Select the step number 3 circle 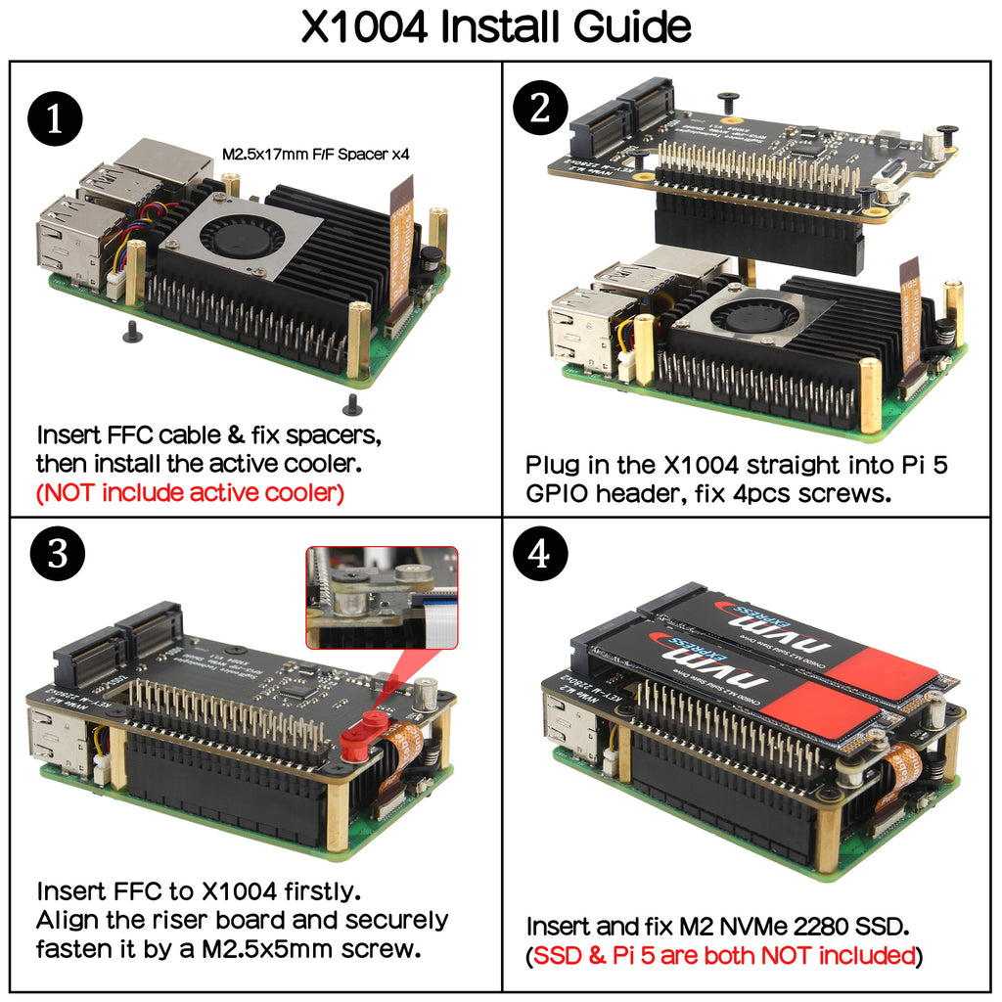56,555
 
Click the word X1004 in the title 363,27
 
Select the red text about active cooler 190,492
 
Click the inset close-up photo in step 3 382,597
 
